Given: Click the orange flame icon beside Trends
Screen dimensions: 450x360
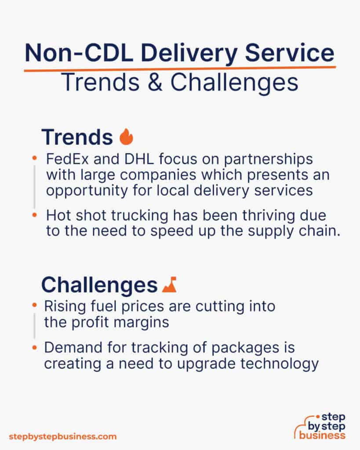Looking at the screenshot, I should point(126,137).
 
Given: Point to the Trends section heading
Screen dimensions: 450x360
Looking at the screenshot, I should point(77,138).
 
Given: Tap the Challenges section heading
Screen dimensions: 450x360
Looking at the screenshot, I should point(99,285).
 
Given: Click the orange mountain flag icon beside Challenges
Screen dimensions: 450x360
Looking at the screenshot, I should point(169,286).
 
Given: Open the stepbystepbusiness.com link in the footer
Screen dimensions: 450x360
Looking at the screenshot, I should point(62,436).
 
